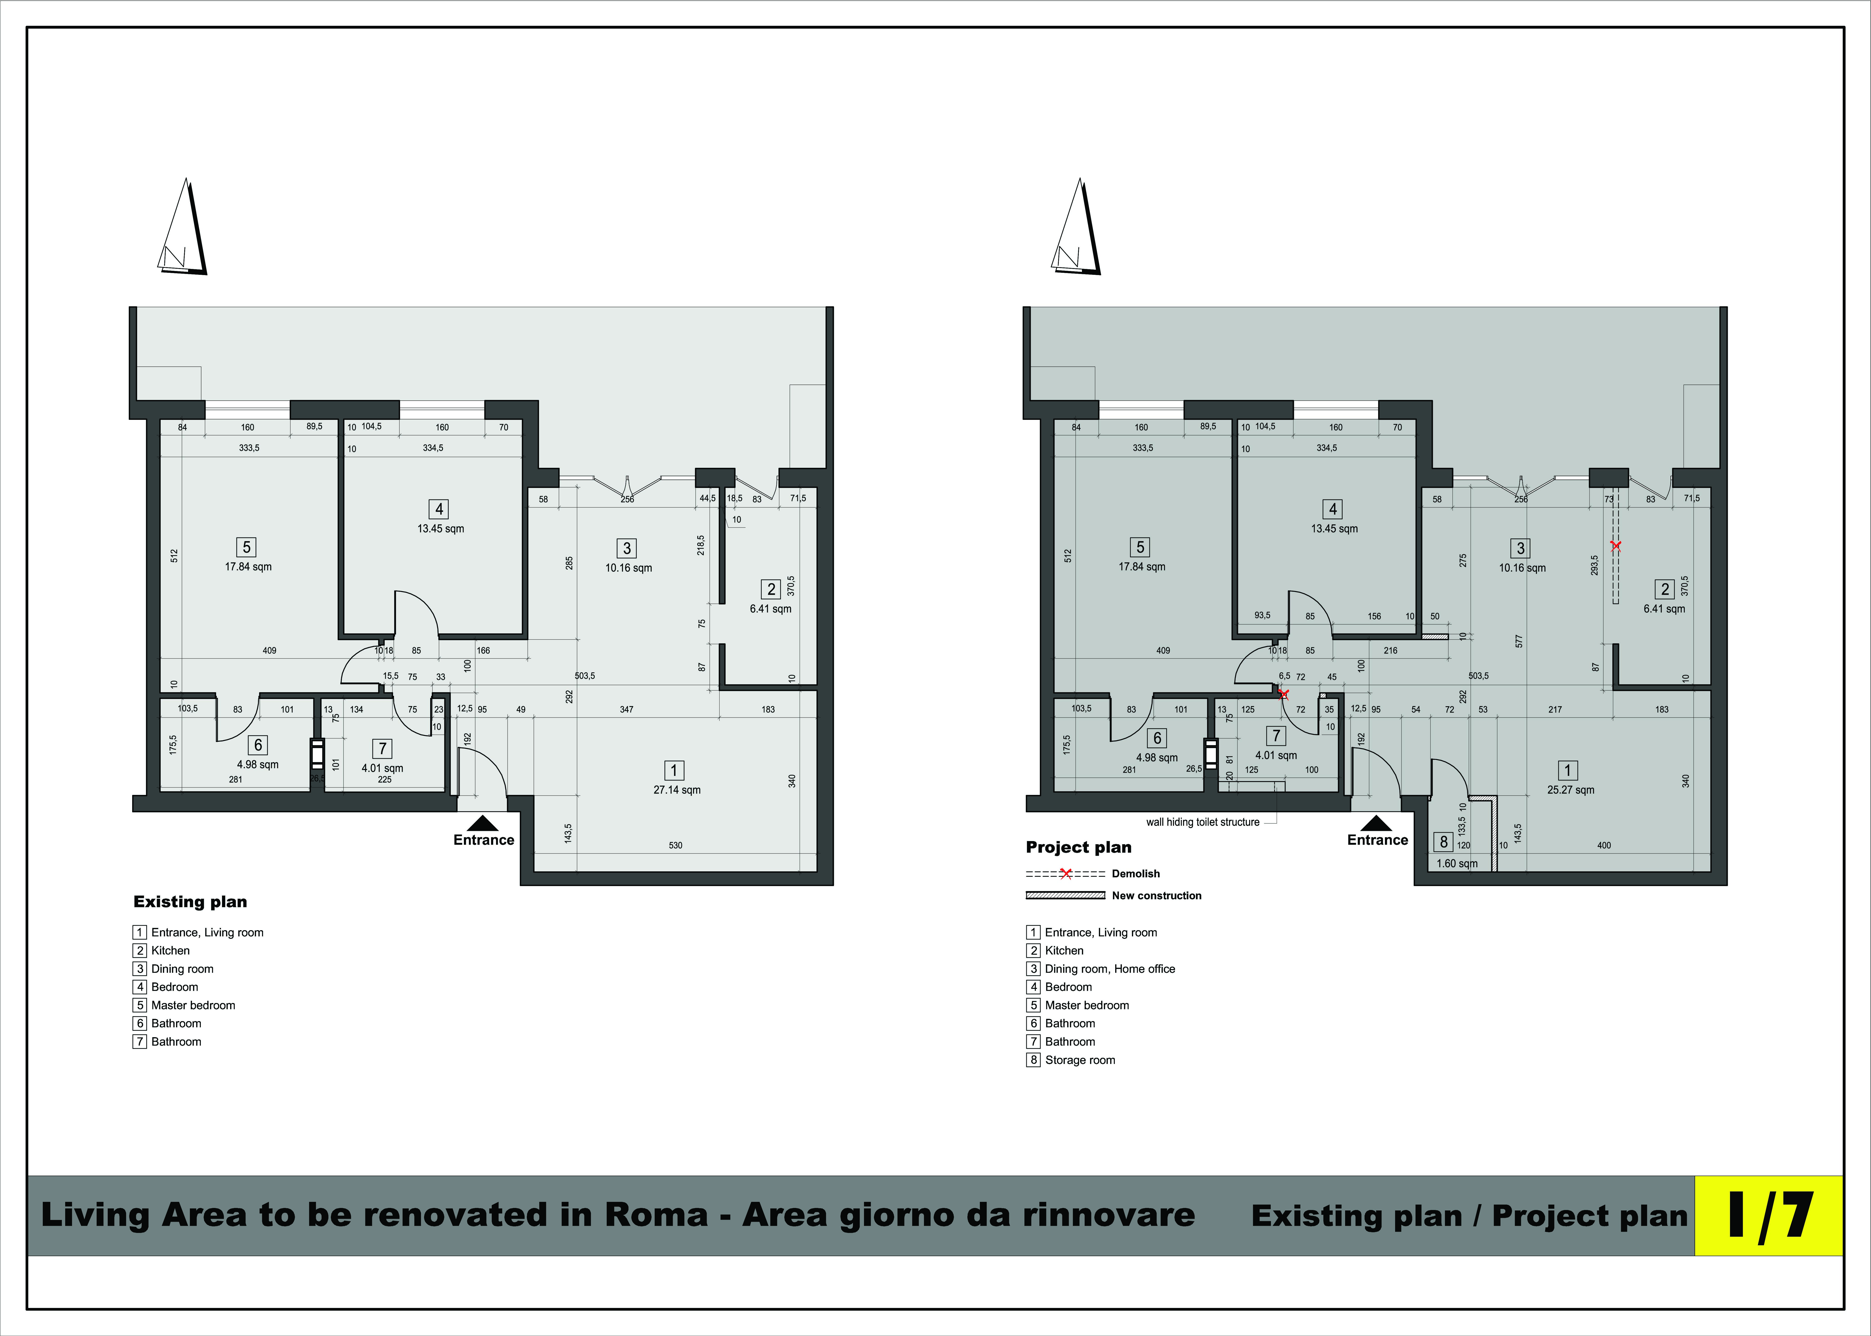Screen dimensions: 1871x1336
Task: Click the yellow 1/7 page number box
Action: (1768, 1215)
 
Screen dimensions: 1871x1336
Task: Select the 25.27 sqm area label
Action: (1571, 790)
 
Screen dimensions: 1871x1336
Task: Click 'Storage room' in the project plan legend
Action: (1080, 1060)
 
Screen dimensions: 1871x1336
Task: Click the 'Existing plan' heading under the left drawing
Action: (190, 902)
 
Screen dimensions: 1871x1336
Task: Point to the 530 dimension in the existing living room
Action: (675, 845)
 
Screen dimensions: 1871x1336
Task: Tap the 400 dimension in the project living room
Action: (1604, 845)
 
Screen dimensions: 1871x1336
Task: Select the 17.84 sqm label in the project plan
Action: (1142, 567)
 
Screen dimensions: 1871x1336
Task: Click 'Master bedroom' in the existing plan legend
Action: (193, 1005)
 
